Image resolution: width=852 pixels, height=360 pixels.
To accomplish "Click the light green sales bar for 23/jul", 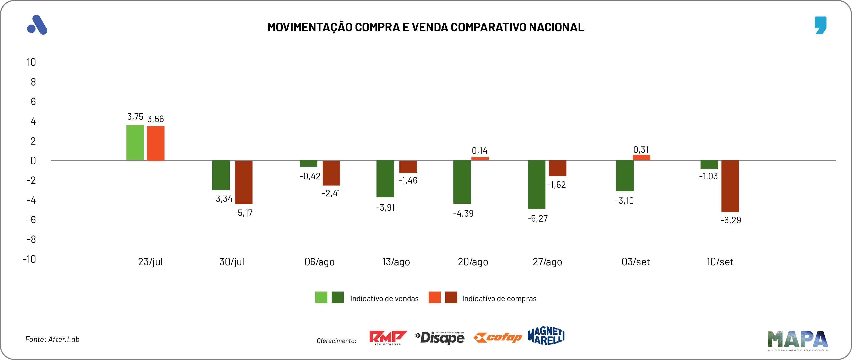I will pos(135,142).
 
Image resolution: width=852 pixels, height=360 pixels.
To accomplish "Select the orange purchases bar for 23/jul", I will pos(156,143).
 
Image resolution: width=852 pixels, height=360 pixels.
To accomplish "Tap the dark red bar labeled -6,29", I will pos(730,186).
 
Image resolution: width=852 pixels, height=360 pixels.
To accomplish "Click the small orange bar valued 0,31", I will pos(641,157).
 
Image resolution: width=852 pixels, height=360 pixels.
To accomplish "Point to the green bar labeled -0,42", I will pos(309,164).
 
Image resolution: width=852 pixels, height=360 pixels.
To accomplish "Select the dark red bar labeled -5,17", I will pos(243,182).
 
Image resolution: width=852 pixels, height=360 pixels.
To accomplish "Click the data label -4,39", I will pos(463,214).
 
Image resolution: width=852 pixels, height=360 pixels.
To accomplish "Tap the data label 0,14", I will pos(480,151).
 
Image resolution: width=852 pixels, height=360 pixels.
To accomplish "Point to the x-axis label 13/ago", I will pos(396,262).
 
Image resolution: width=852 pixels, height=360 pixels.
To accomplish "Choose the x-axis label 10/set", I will pos(720,262).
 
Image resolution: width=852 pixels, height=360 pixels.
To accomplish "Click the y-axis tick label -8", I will pos(31,239).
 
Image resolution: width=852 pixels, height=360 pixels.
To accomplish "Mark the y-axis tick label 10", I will pos(31,62).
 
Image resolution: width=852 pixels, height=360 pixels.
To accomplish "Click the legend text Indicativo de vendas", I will pos(384,299).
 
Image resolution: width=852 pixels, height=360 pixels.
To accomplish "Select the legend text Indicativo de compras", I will pos(499,299).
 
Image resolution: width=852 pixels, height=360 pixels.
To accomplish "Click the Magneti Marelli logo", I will pos(546,336).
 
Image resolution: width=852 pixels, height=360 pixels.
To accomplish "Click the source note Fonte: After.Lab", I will pos(52,339).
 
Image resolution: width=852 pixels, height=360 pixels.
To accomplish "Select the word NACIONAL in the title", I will pos(556,27).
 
